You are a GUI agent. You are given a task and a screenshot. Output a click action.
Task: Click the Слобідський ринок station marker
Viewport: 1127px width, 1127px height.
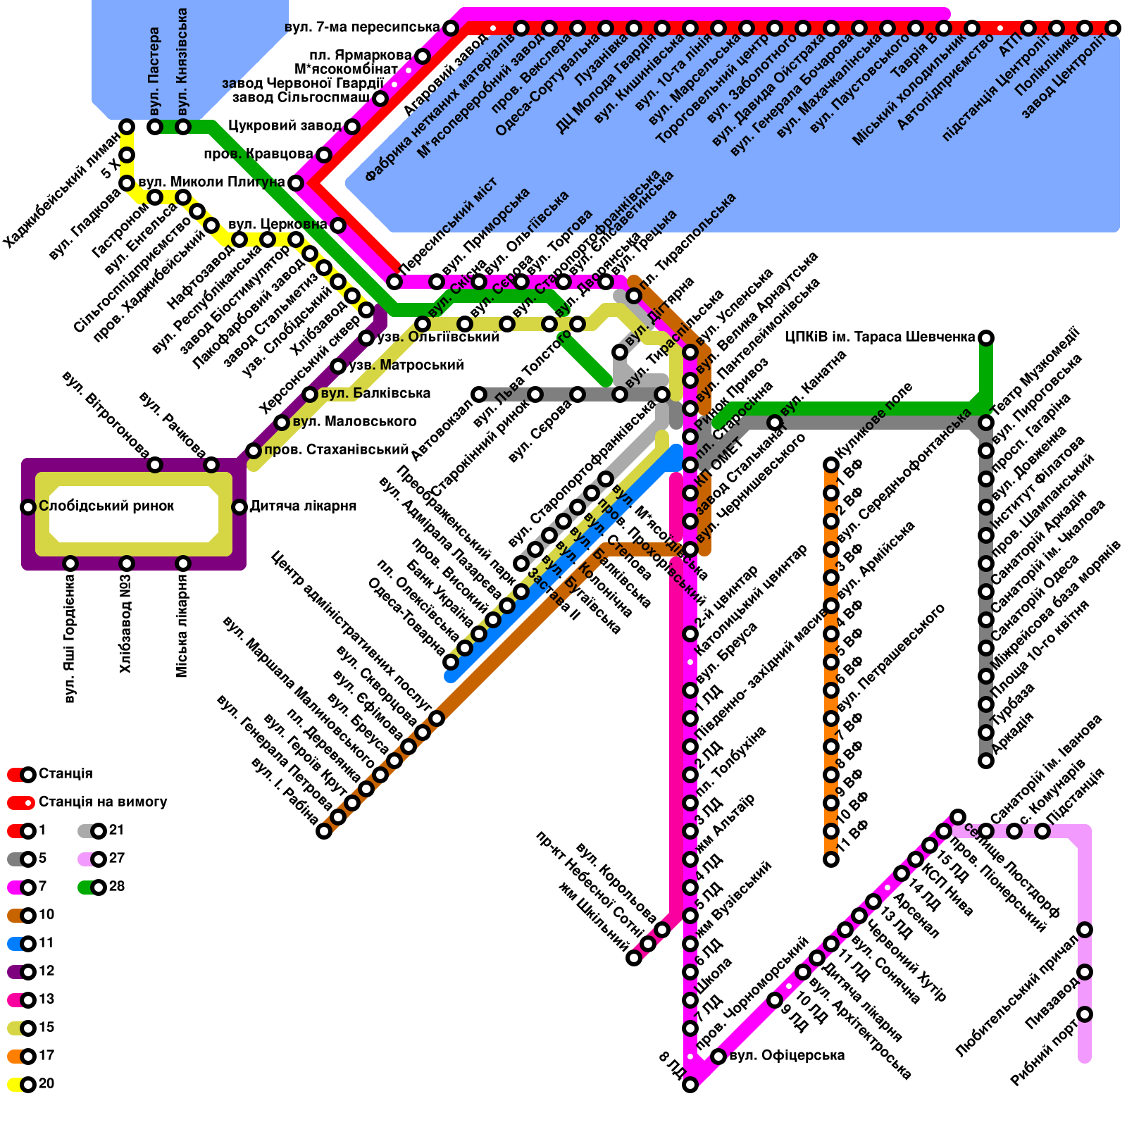click(x=28, y=506)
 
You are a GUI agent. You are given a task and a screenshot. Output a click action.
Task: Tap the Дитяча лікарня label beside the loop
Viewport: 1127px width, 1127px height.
click(x=303, y=506)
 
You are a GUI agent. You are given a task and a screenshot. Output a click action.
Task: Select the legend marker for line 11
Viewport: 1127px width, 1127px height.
click(x=28, y=944)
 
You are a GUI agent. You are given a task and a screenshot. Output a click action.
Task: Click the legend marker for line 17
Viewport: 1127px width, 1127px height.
click(x=28, y=1057)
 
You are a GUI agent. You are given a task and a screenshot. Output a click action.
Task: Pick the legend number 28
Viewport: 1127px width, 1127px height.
click(x=117, y=886)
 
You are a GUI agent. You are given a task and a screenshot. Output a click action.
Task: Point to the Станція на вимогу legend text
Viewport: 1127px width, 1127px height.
click(x=103, y=802)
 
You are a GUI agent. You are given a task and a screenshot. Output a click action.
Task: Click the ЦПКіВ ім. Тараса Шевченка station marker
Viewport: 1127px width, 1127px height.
click(x=986, y=338)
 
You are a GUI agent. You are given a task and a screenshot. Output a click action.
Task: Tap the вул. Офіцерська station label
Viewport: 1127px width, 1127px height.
click(x=787, y=1055)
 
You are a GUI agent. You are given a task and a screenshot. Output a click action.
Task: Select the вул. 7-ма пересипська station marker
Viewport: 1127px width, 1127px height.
click(x=451, y=28)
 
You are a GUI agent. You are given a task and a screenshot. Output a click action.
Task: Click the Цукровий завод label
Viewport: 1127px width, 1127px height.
click(x=285, y=126)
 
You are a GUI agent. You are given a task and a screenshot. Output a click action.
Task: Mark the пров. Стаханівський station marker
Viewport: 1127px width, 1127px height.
click(x=254, y=451)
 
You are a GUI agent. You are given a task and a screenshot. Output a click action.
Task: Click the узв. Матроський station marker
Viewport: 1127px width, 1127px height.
click(x=338, y=366)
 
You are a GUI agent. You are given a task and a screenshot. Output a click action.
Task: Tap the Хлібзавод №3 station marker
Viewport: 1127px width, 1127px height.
click(x=127, y=563)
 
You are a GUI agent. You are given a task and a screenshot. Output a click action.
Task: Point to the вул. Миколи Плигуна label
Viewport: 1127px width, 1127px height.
click(x=211, y=182)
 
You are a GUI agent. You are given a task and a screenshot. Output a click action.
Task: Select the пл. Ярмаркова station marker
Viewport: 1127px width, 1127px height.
click(x=423, y=56)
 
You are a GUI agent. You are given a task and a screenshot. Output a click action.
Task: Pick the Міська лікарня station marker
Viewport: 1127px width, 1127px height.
click(x=183, y=563)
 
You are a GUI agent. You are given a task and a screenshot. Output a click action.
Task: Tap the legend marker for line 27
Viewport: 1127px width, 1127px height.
click(x=99, y=859)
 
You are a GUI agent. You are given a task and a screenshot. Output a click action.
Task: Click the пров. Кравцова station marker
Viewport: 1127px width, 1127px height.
click(x=324, y=155)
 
